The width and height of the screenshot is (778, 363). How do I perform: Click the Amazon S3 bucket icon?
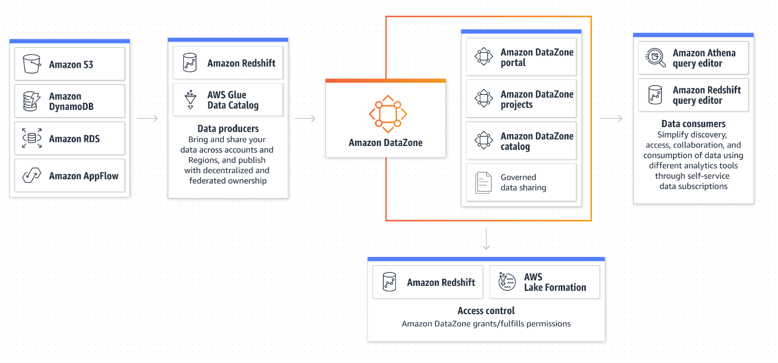tap(32, 64)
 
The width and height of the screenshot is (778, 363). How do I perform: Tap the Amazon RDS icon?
tap(32, 138)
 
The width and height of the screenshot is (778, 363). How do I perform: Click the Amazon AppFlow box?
tap(69, 175)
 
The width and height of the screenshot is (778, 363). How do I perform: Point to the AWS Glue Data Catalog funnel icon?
tap(190, 99)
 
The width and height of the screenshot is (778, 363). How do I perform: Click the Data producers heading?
tap(228, 129)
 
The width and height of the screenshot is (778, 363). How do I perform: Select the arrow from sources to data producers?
tap(147, 118)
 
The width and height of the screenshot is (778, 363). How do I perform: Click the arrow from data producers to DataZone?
tap(305, 118)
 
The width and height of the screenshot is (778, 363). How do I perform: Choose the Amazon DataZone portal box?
tap(521, 57)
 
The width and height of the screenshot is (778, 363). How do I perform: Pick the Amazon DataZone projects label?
tap(536, 99)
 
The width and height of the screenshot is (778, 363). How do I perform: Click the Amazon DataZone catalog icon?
tap(484, 140)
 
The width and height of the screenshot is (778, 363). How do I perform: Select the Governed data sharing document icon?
tap(484, 183)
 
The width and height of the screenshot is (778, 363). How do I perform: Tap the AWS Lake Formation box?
tap(544, 282)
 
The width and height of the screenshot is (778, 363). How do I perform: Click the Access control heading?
tap(486, 311)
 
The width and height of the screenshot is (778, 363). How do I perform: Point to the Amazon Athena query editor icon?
tap(656, 57)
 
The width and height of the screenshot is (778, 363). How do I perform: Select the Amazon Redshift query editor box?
tap(693, 95)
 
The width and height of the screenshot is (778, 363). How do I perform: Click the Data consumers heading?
tap(693, 124)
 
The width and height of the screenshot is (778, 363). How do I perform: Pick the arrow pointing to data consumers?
tap(611, 118)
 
